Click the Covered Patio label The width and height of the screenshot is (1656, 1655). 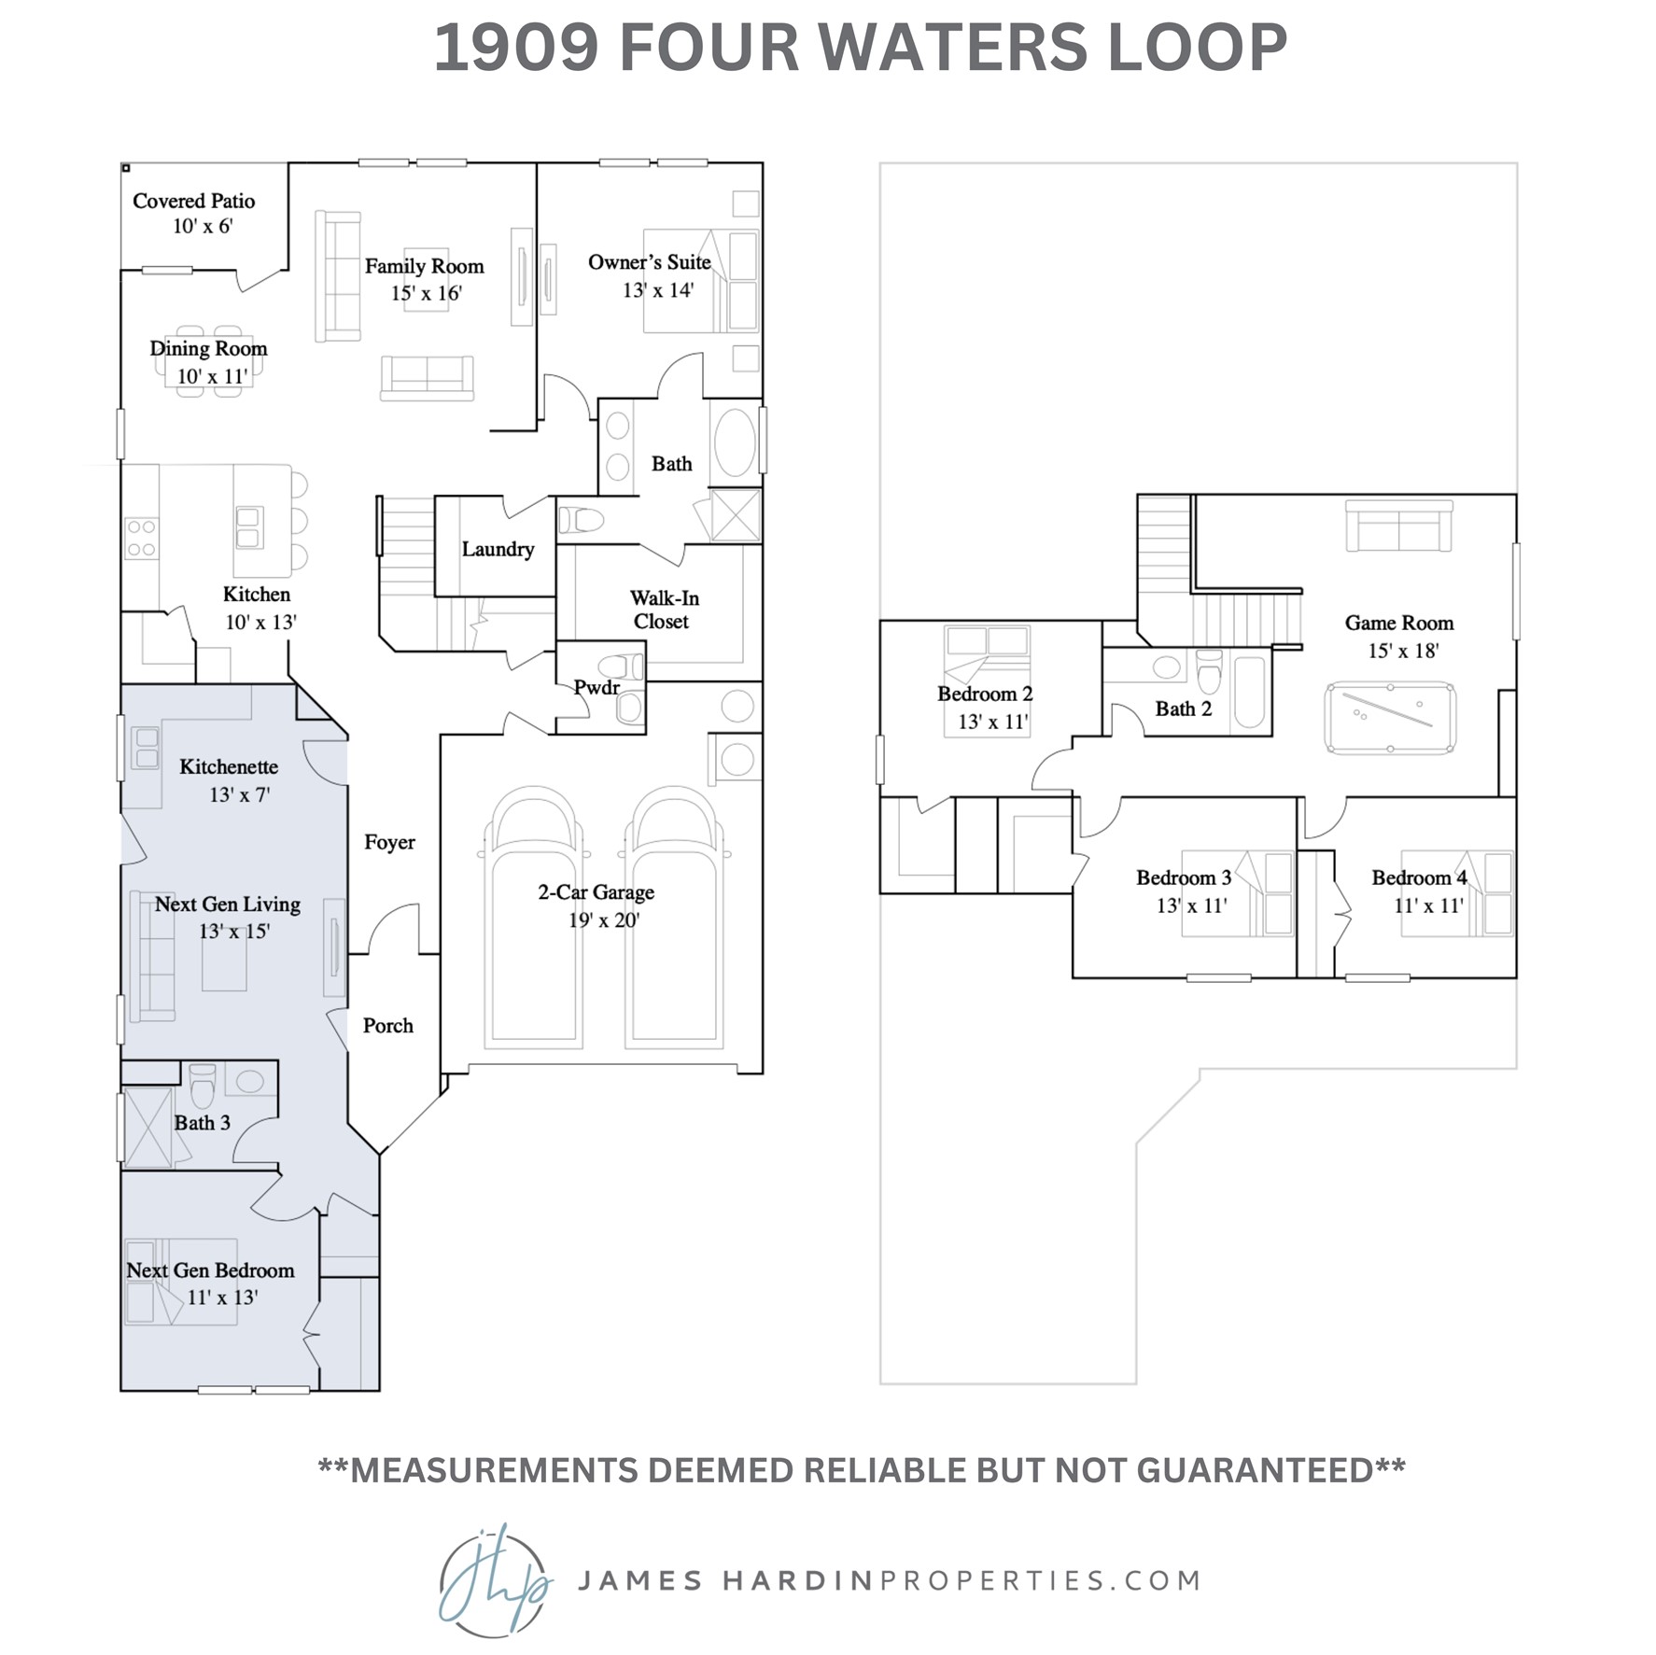(193, 201)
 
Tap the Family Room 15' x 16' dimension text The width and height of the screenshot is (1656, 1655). (427, 293)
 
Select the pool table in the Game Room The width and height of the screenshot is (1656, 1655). (1390, 718)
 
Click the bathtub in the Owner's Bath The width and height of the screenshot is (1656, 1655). (735, 443)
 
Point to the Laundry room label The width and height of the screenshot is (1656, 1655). (498, 549)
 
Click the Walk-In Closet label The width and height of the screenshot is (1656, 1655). (664, 610)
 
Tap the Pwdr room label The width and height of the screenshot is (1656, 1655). (596, 688)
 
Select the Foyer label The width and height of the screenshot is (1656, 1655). (389, 842)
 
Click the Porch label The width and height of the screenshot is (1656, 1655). (387, 1025)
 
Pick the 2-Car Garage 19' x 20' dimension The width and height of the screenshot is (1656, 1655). (604, 920)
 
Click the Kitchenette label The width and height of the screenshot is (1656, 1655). (229, 766)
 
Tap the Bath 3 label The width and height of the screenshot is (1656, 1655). (202, 1123)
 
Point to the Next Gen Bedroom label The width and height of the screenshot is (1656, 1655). (210, 1270)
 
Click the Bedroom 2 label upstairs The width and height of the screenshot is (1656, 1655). (985, 694)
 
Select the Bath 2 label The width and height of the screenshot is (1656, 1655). (1183, 708)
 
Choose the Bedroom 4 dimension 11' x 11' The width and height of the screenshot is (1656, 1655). (1428, 905)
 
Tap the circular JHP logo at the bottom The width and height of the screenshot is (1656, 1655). (493, 1581)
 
